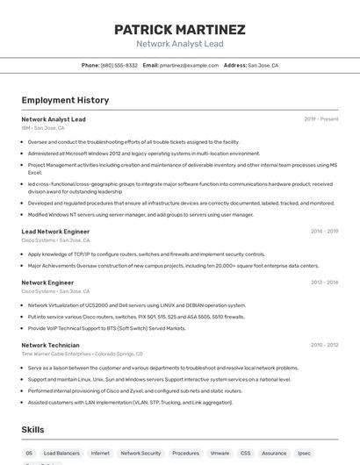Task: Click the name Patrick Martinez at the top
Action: [180, 30]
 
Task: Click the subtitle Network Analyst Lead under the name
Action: [180, 44]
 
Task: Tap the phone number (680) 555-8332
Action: [119, 65]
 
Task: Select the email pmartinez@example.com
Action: [189, 65]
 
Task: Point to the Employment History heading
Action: [65, 100]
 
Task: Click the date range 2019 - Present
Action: [320, 119]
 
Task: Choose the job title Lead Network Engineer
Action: [55, 232]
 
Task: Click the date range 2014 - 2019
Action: [323, 232]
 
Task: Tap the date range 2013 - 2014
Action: [323, 283]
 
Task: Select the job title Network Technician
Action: [50, 346]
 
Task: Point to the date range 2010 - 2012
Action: [323, 346]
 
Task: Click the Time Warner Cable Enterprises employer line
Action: [82, 354]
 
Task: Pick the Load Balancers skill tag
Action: [61, 454]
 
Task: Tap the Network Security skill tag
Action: [140, 454]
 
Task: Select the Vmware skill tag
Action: [220, 454]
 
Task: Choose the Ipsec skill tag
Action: [304, 454]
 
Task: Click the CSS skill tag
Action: [245, 454]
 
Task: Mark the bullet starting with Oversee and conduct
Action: [133, 141]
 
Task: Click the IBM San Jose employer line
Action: [43, 127]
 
